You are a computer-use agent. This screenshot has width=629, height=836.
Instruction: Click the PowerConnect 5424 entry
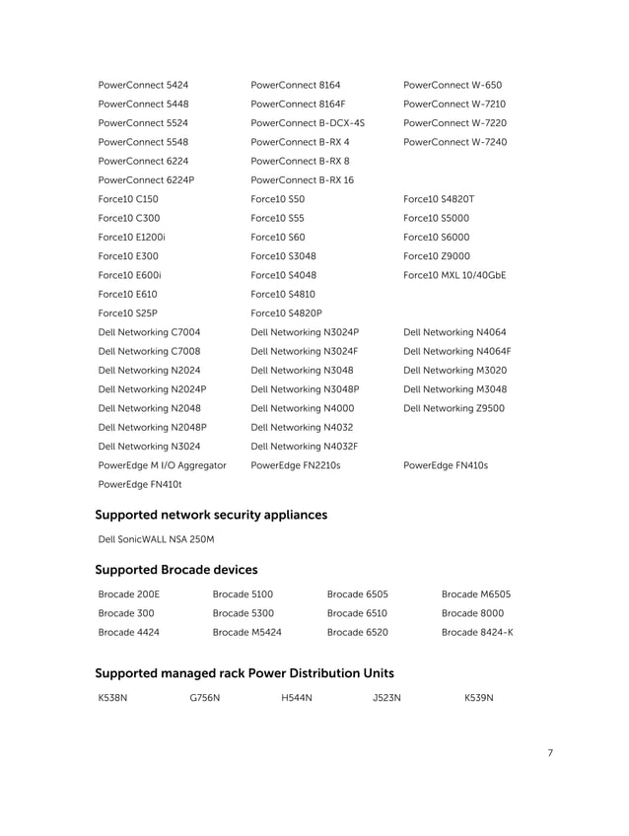144,85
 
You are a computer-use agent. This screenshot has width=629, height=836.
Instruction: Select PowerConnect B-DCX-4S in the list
308,123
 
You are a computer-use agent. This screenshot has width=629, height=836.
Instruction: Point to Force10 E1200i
131,238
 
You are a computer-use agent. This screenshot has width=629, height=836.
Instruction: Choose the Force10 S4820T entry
446,199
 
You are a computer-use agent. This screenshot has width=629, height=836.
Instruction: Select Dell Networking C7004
149,332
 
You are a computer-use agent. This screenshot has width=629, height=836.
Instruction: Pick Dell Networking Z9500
454,408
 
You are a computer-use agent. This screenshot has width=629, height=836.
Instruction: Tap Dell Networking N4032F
304,446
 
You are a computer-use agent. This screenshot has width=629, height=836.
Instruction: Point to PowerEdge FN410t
140,484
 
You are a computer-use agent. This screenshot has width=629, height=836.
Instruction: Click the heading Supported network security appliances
211,515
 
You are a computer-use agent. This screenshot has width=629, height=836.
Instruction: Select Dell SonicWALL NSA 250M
157,539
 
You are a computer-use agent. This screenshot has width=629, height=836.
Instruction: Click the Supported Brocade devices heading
176,570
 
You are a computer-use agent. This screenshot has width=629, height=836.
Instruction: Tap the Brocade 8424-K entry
477,632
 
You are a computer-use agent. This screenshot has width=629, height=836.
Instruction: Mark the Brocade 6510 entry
357,613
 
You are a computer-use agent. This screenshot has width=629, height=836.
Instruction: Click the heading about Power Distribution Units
244,673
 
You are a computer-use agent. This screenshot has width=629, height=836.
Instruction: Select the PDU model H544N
296,698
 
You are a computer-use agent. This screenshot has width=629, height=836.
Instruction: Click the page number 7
549,754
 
